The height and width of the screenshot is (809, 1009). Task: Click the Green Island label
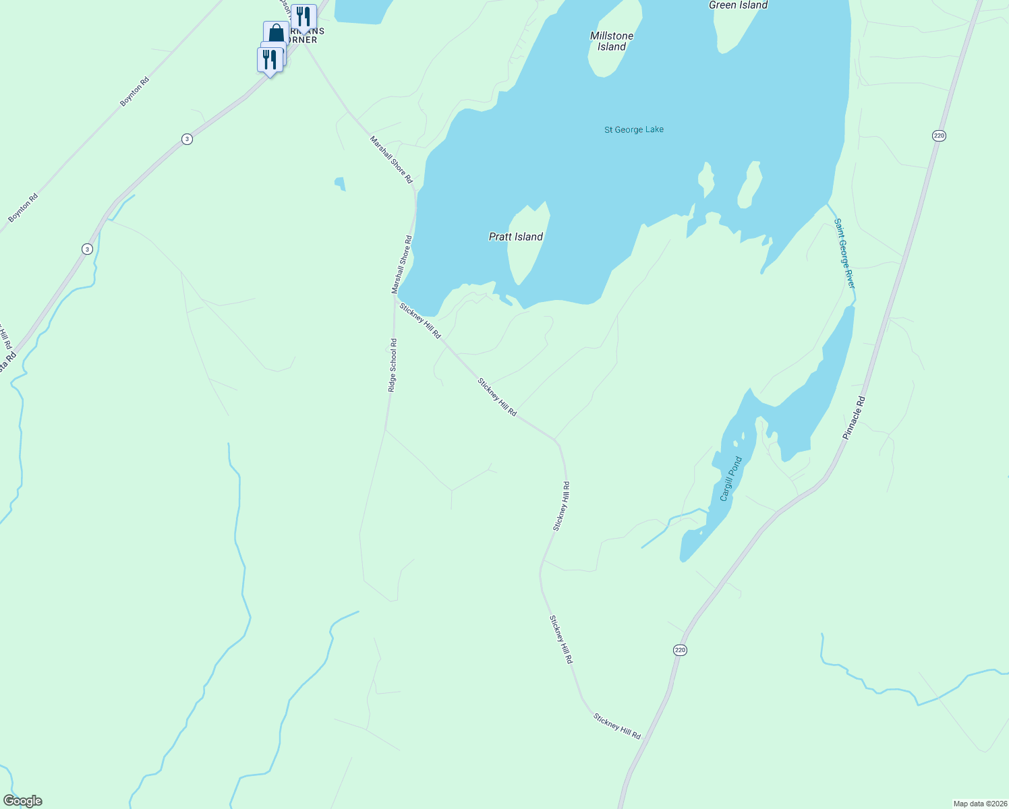738,5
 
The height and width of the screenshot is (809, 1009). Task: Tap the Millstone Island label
612,41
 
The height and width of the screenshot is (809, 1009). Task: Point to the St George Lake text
634,129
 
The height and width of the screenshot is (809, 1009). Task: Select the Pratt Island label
516,237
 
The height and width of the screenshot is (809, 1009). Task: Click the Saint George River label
844,253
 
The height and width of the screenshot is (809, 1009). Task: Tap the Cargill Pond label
730,479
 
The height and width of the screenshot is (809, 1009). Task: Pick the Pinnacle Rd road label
854,418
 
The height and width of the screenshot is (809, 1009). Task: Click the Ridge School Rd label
393,365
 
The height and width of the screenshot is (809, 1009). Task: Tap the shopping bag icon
276,33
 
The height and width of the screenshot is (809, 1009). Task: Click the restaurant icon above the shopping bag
304,17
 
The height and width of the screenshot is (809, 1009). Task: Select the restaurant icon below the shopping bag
269,60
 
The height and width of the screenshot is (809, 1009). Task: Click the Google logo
23,801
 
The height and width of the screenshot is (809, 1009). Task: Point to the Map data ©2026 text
979,804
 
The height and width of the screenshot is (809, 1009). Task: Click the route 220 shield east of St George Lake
940,136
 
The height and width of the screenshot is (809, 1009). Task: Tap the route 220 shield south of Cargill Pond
680,650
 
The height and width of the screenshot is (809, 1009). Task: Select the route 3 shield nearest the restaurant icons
187,139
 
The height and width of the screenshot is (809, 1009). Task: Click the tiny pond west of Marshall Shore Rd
340,183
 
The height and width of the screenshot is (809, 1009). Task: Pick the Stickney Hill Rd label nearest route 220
616,726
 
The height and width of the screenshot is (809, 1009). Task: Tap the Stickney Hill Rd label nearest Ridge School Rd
420,321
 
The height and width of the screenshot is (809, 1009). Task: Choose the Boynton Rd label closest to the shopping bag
134,92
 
